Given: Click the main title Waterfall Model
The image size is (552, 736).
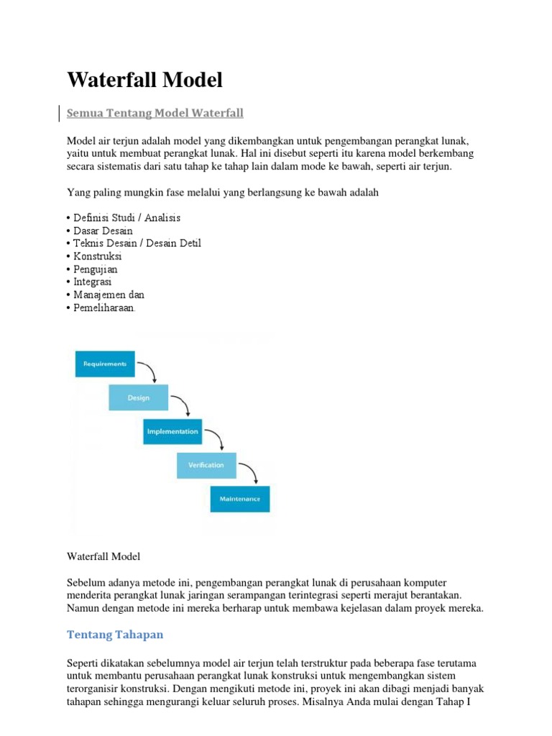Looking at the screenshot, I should [x=144, y=80].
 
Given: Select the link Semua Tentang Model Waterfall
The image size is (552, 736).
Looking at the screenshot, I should [x=155, y=114].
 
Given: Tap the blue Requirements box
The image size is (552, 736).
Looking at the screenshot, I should [x=105, y=364].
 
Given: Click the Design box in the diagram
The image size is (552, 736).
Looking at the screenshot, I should [x=138, y=397].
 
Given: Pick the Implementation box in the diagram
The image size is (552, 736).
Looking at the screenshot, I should [x=172, y=431].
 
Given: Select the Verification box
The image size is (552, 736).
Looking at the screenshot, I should [x=206, y=465].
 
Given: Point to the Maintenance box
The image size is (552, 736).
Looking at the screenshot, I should [x=240, y=499].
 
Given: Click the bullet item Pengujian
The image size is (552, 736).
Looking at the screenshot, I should [x=96, y=270].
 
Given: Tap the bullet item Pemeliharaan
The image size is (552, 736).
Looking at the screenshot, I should [x=103, y=308].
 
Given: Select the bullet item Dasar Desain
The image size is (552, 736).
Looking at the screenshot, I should [x=103, y=231].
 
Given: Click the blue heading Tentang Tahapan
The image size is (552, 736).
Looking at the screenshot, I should [x=115, y=634].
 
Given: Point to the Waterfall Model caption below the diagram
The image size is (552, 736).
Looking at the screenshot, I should [x=103, y=556].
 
